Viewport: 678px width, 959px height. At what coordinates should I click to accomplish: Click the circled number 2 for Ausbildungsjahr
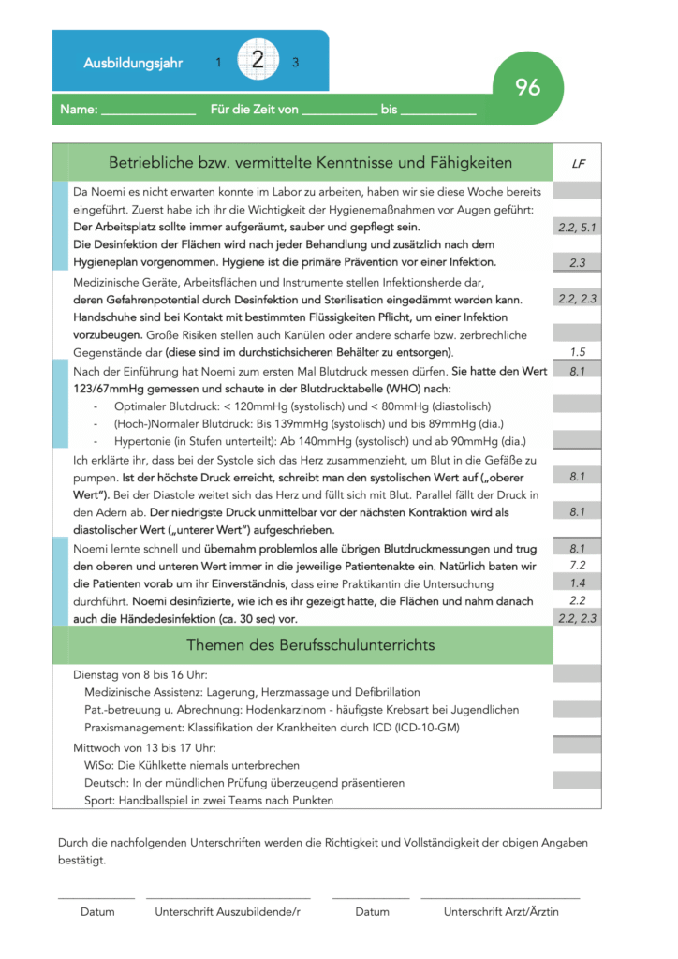[258, 62]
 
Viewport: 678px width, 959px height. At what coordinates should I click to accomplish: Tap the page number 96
[528, 87]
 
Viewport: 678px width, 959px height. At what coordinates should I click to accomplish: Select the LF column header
[578, 163]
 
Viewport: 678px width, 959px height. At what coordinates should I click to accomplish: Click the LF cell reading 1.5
[578, 352]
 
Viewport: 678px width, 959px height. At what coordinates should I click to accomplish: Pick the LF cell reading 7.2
[578, 566]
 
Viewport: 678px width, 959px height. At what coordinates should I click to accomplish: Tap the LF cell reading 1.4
[578, 583]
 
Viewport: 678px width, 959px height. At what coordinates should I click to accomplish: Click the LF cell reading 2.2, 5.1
[578, 228]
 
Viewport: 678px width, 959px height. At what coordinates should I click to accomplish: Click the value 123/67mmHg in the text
[111, 389]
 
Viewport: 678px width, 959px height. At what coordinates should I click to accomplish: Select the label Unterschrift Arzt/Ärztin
[501, 911]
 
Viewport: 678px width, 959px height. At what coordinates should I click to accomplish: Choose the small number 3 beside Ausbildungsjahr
[296, 63]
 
